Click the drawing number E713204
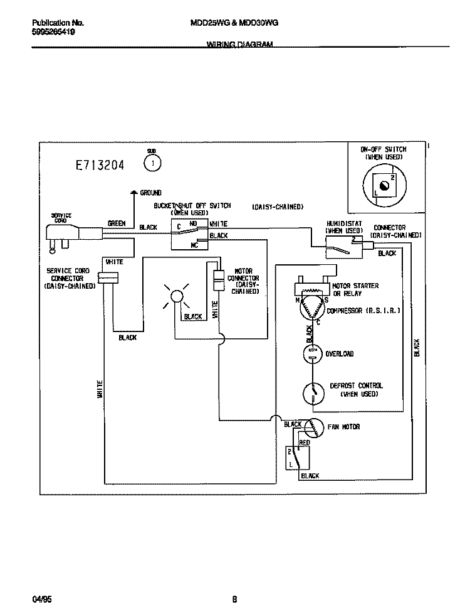pos(100,166)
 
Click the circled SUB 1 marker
pos(152,164)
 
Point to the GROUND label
pos(150,193)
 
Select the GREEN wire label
pos(117,223)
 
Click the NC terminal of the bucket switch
pos(194,245)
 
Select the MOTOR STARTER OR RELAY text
pos(355,289)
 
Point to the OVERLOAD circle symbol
pos(311,355)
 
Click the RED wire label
pos(304,443)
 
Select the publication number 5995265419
pos(53,31)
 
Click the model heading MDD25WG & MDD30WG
pos(234,22)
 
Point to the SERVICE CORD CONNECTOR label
pos(69,278)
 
